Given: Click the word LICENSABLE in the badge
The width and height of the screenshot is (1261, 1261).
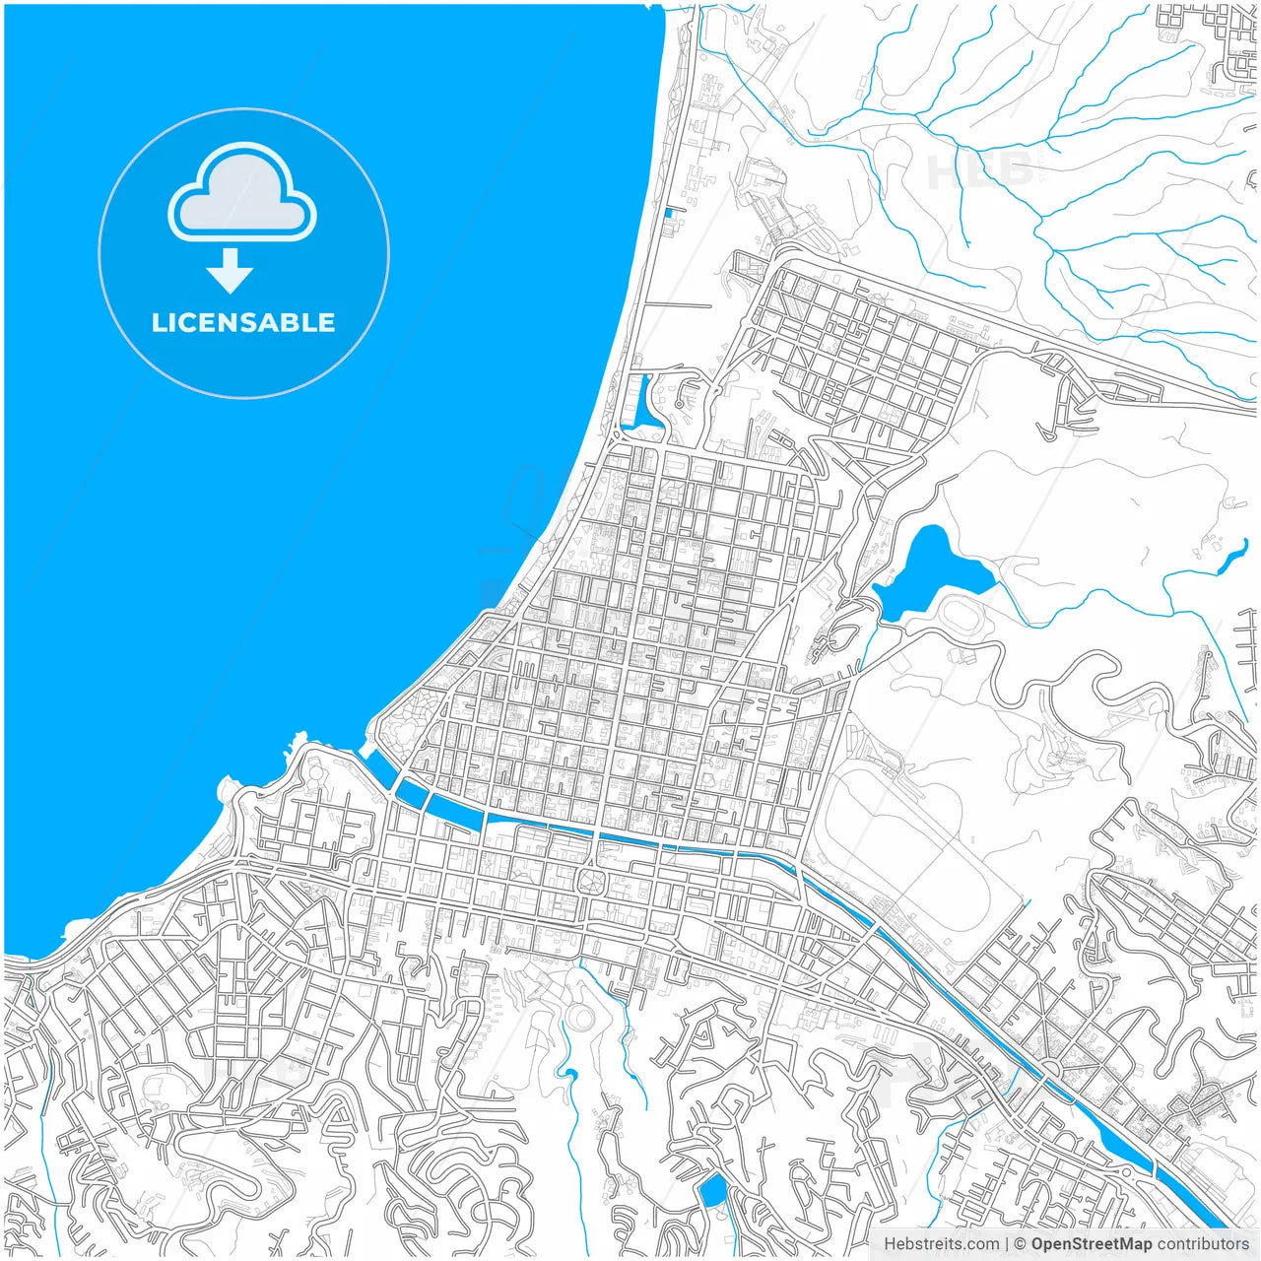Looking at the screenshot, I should click(243, 322).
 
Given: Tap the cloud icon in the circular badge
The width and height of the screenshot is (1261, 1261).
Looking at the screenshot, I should click(242, 194).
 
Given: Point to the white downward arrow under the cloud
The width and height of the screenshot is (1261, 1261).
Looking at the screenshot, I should click(231, 271).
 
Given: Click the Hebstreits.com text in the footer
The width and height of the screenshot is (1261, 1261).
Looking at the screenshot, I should click(941, 1244).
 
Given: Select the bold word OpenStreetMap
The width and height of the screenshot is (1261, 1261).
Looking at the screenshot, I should click(1092, 1244).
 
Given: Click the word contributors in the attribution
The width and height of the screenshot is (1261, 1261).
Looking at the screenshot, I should click(1203, 1244).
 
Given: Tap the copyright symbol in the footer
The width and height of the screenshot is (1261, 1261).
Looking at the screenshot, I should click(1021, 1244).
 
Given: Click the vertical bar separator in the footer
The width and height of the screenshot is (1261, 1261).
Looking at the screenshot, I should click(1007, 1244).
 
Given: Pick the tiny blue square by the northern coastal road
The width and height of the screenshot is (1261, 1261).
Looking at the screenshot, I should click(669, 212).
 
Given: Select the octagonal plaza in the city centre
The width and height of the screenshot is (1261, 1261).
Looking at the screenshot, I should click(592, 880).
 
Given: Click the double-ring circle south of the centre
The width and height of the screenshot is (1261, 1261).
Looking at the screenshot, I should click(580, 1018).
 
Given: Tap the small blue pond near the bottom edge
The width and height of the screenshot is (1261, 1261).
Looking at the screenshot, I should click(711, 1192).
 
